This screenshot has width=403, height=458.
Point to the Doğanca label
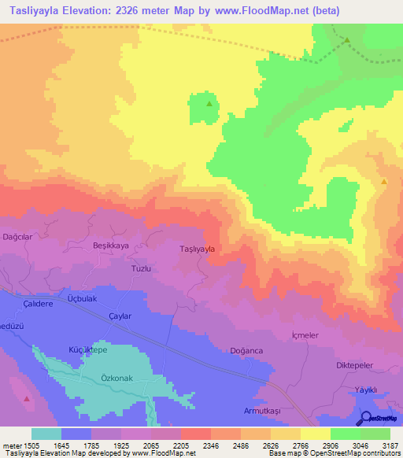point(246,350)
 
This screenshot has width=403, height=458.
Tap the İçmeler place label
point(305,334)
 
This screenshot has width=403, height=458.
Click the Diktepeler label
point(354,366)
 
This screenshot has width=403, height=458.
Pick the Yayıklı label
point(367,390)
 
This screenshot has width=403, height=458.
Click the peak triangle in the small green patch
point(209,103)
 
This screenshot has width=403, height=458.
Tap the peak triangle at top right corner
point(346,39)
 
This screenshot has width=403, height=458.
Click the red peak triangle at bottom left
point(28,399)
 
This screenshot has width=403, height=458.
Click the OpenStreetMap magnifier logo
point(364,417)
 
